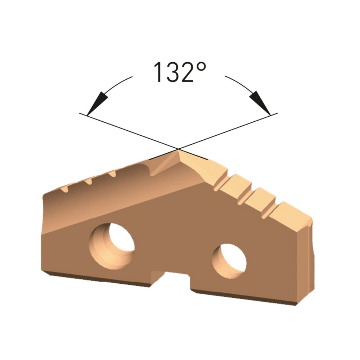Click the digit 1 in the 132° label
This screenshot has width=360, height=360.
click(158, 72)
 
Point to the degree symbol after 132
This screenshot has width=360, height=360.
click(201, 67)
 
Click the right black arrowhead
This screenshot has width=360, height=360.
click(260, 103)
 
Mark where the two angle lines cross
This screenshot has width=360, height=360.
click(179, 149)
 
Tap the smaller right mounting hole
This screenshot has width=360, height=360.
click(229, 261)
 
